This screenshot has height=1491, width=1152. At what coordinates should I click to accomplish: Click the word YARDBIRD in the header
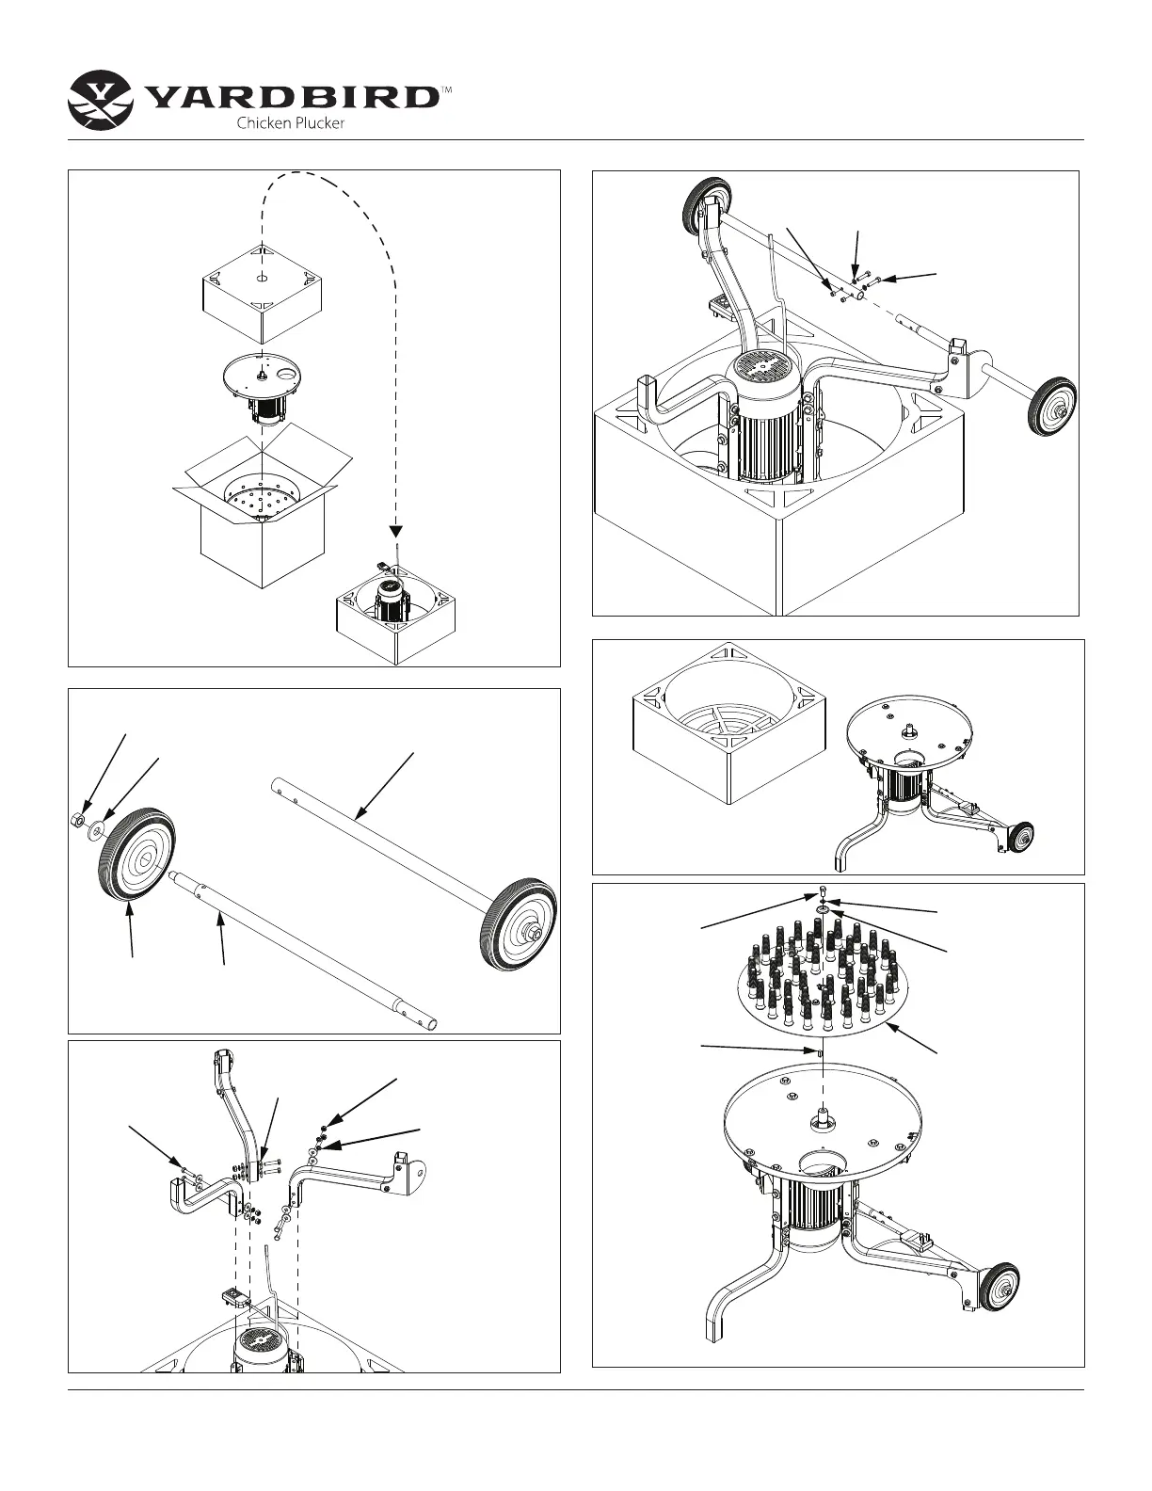tap(292, 97)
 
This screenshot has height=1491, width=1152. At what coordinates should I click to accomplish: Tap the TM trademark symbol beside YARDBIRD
tap(447, 90)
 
